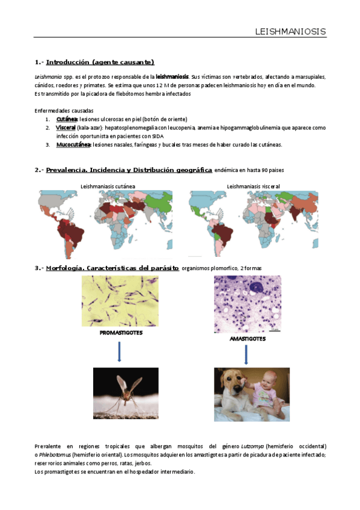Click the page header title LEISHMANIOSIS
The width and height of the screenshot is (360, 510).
pos(290,31)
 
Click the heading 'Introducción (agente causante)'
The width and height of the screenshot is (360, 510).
pos(100,62)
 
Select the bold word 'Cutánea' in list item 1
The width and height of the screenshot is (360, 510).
pos(67,119)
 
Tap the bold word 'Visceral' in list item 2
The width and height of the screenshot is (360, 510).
pos(66,127)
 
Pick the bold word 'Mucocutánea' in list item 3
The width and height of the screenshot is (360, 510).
pos(73,145)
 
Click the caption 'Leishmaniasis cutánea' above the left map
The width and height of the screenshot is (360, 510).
pos(108,186)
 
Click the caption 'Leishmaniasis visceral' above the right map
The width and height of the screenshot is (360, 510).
pos(253,186)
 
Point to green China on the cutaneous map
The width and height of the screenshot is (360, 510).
pos(160,202)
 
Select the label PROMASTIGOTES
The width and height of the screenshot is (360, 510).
pos(121,333)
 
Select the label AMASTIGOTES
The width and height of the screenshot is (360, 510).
pos(248,339)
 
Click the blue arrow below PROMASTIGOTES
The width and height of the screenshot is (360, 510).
pos(119,352)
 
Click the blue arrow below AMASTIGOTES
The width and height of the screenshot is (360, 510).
pos(246,354)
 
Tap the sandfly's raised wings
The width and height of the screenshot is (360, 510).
pos(129,385)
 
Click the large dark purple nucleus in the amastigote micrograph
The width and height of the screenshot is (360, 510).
pos(257,286)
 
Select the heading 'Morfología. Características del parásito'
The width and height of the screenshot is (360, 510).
pos(112,268)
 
